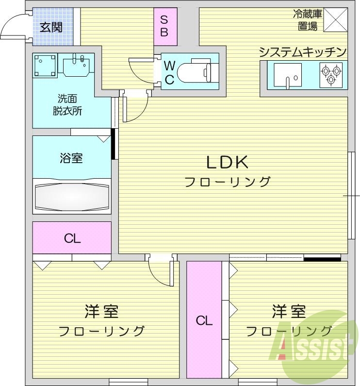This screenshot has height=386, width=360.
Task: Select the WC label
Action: tap(169, 72)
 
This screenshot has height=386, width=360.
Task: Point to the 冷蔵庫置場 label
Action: tap(308, 21)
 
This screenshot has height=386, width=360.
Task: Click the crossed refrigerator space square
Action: tap(336, 20)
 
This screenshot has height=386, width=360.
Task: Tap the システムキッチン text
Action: tap(303, 52)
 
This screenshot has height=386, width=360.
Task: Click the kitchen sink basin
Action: tap(288, 76)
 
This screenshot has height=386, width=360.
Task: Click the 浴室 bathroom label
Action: tap(71, 158)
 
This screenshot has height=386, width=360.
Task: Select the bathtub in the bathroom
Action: tap(72, 197)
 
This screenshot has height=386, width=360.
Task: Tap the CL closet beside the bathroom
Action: tap(72, 238)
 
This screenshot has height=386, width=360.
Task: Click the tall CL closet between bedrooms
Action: tap(204, 320)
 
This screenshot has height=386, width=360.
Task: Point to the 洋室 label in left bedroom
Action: tap(101, 311)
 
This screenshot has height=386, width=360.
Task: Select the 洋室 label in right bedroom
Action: tap(289, 311)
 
